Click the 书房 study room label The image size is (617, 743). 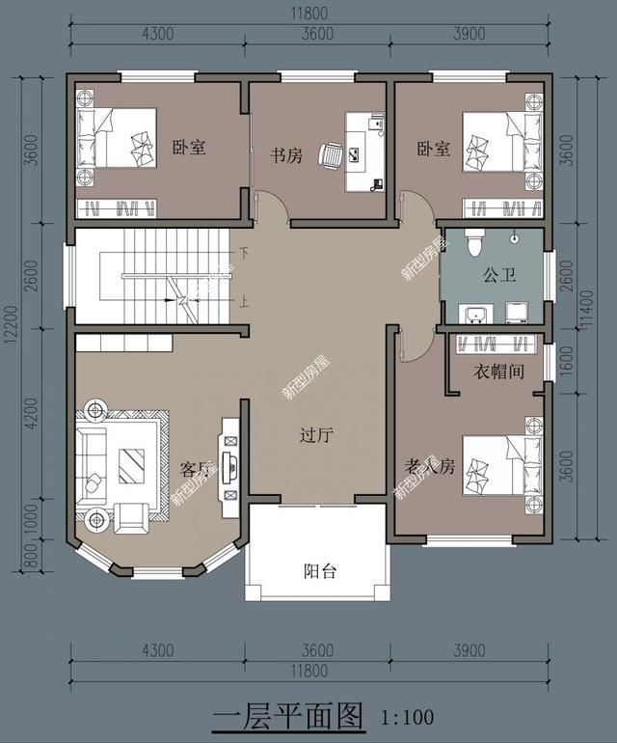click(285, 154)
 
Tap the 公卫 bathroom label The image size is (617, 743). click(499, 275)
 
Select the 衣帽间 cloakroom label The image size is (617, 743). click(499, 371)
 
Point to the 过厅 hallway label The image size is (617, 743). click(315, 435)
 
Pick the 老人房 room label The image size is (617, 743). click(429, 467)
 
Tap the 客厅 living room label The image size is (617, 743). click(196, 469)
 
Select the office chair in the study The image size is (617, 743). click(331, 154)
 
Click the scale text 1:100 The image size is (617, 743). click(408, 717)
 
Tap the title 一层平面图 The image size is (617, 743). click(288, 716)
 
